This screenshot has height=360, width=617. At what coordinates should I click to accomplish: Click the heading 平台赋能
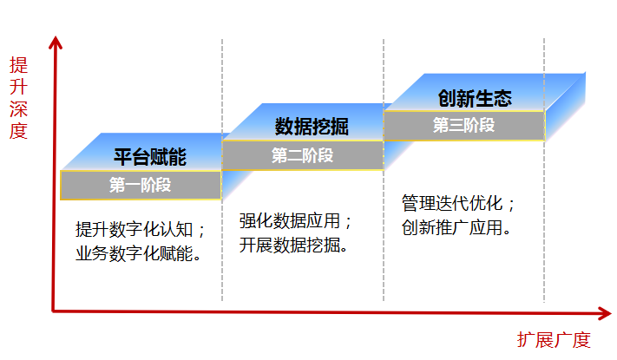[x=149, y=157]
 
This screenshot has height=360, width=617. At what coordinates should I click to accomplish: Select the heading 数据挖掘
[x=312, y=128]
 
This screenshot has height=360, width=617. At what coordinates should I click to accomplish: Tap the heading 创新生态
[x=475, y=98]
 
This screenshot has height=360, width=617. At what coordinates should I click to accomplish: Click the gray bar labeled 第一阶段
[x=140, y=185]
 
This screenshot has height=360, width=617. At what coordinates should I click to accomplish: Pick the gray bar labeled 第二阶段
[x=302, y=156]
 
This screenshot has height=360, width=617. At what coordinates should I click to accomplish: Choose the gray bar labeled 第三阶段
[x=463, y=125]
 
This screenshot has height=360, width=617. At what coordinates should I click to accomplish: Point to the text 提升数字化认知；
[x=141, y=230]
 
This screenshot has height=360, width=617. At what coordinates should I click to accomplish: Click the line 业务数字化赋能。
[x=141, y=254]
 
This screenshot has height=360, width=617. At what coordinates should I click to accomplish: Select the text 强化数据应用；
[x=296, y=221]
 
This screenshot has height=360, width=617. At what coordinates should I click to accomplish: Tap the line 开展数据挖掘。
[x=295, y=245]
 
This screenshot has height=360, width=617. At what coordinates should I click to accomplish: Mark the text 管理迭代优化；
[x=459, y=204]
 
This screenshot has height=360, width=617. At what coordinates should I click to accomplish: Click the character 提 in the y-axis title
[x=18, y=65]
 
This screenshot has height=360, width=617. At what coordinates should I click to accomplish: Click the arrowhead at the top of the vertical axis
[x=56, y=41]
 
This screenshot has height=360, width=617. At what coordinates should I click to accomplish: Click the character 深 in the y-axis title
[x=18, y=108]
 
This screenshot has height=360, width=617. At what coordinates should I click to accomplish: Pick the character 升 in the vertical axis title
[x=18, y=87]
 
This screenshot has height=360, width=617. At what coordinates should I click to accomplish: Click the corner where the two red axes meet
[x=56, y=309]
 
